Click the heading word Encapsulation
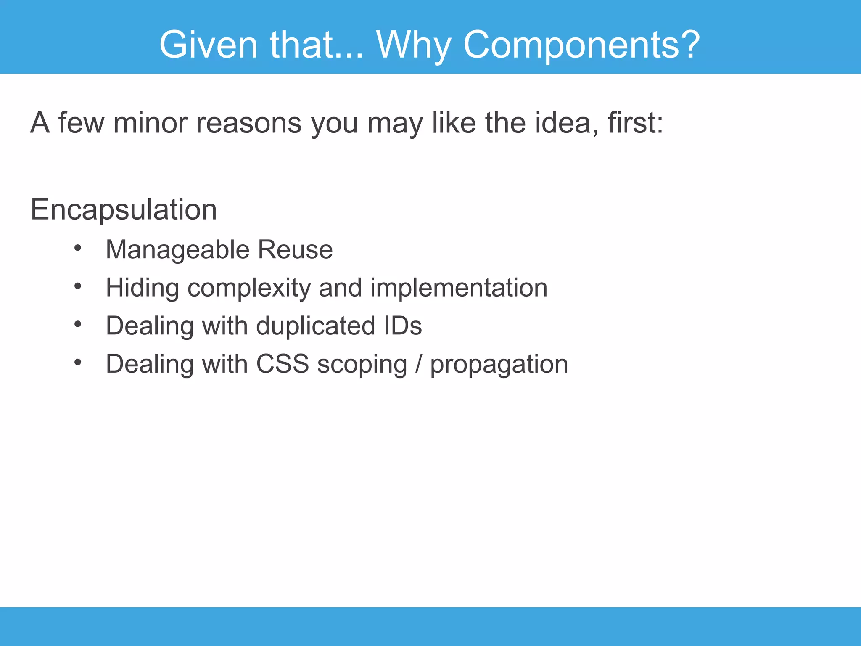[x=124, y=209]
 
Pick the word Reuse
[x=295, y=250]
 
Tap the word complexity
[x=249, y=288]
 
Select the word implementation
[x=459, y=288]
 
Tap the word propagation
[x=499, y=364]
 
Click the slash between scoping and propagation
[x=418, y=364]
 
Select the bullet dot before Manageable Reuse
[x=77, y=248]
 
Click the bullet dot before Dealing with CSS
[x=77, y=362]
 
